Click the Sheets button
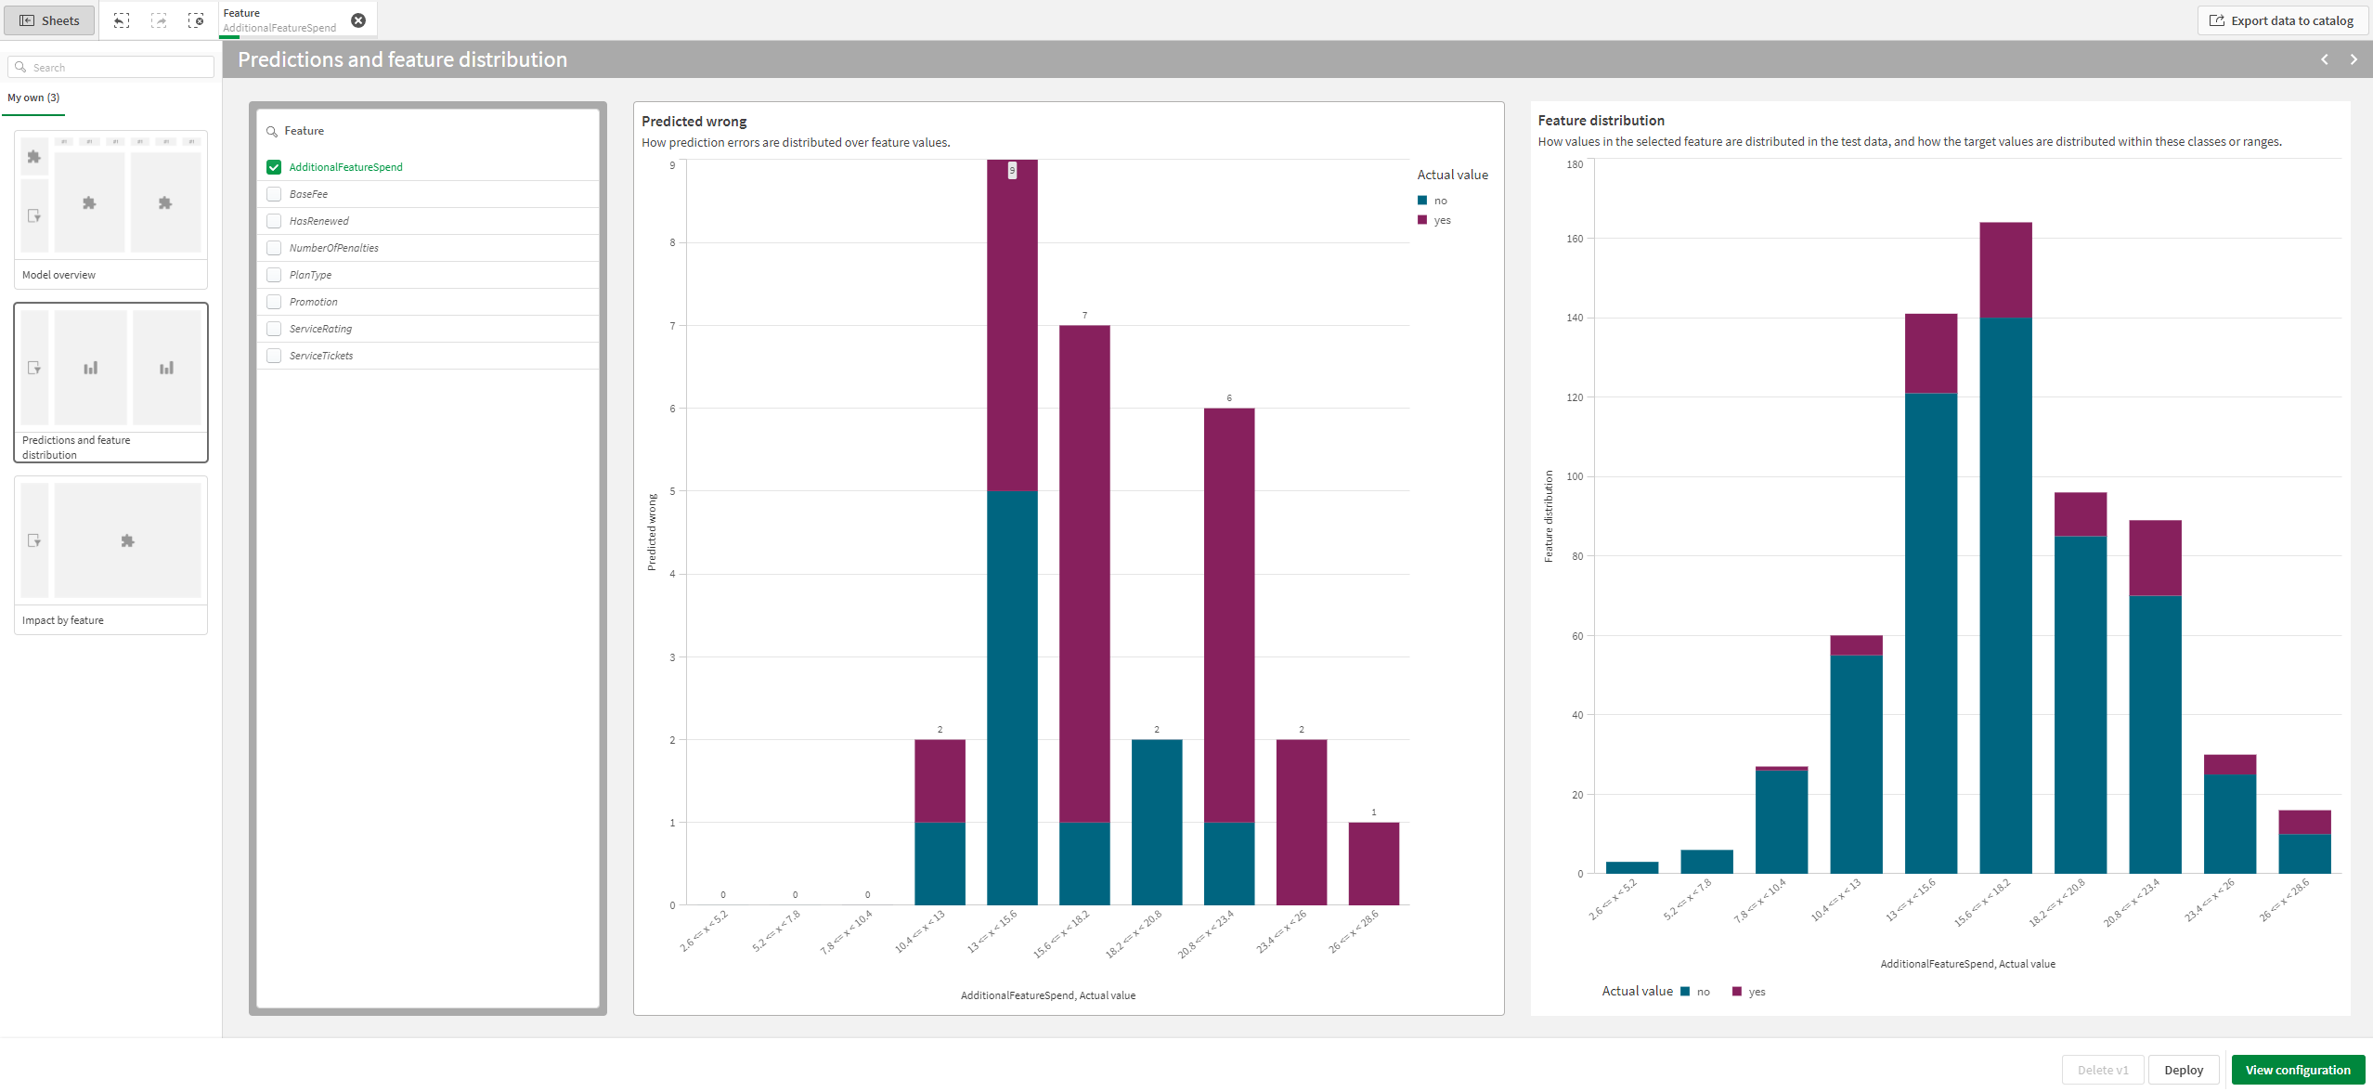pos(50,20)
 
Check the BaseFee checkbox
pos(274,194)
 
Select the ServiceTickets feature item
pos(321,356)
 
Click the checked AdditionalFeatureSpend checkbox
pos(274,167)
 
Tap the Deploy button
pos(2183,1070)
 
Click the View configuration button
pos(2297,1070)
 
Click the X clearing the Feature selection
pos(358,20)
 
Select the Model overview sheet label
pos(59,275)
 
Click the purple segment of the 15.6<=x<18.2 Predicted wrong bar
pos(1083,573)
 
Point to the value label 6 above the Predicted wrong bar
pos(1228,398)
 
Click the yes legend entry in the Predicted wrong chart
pos(1441,220)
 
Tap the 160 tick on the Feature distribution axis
pos(1575,239)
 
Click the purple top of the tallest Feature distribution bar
pos(2005,269)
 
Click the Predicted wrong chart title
pos(694,122)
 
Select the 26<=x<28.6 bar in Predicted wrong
pos(1373,863)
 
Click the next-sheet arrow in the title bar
pos(2353,59)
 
